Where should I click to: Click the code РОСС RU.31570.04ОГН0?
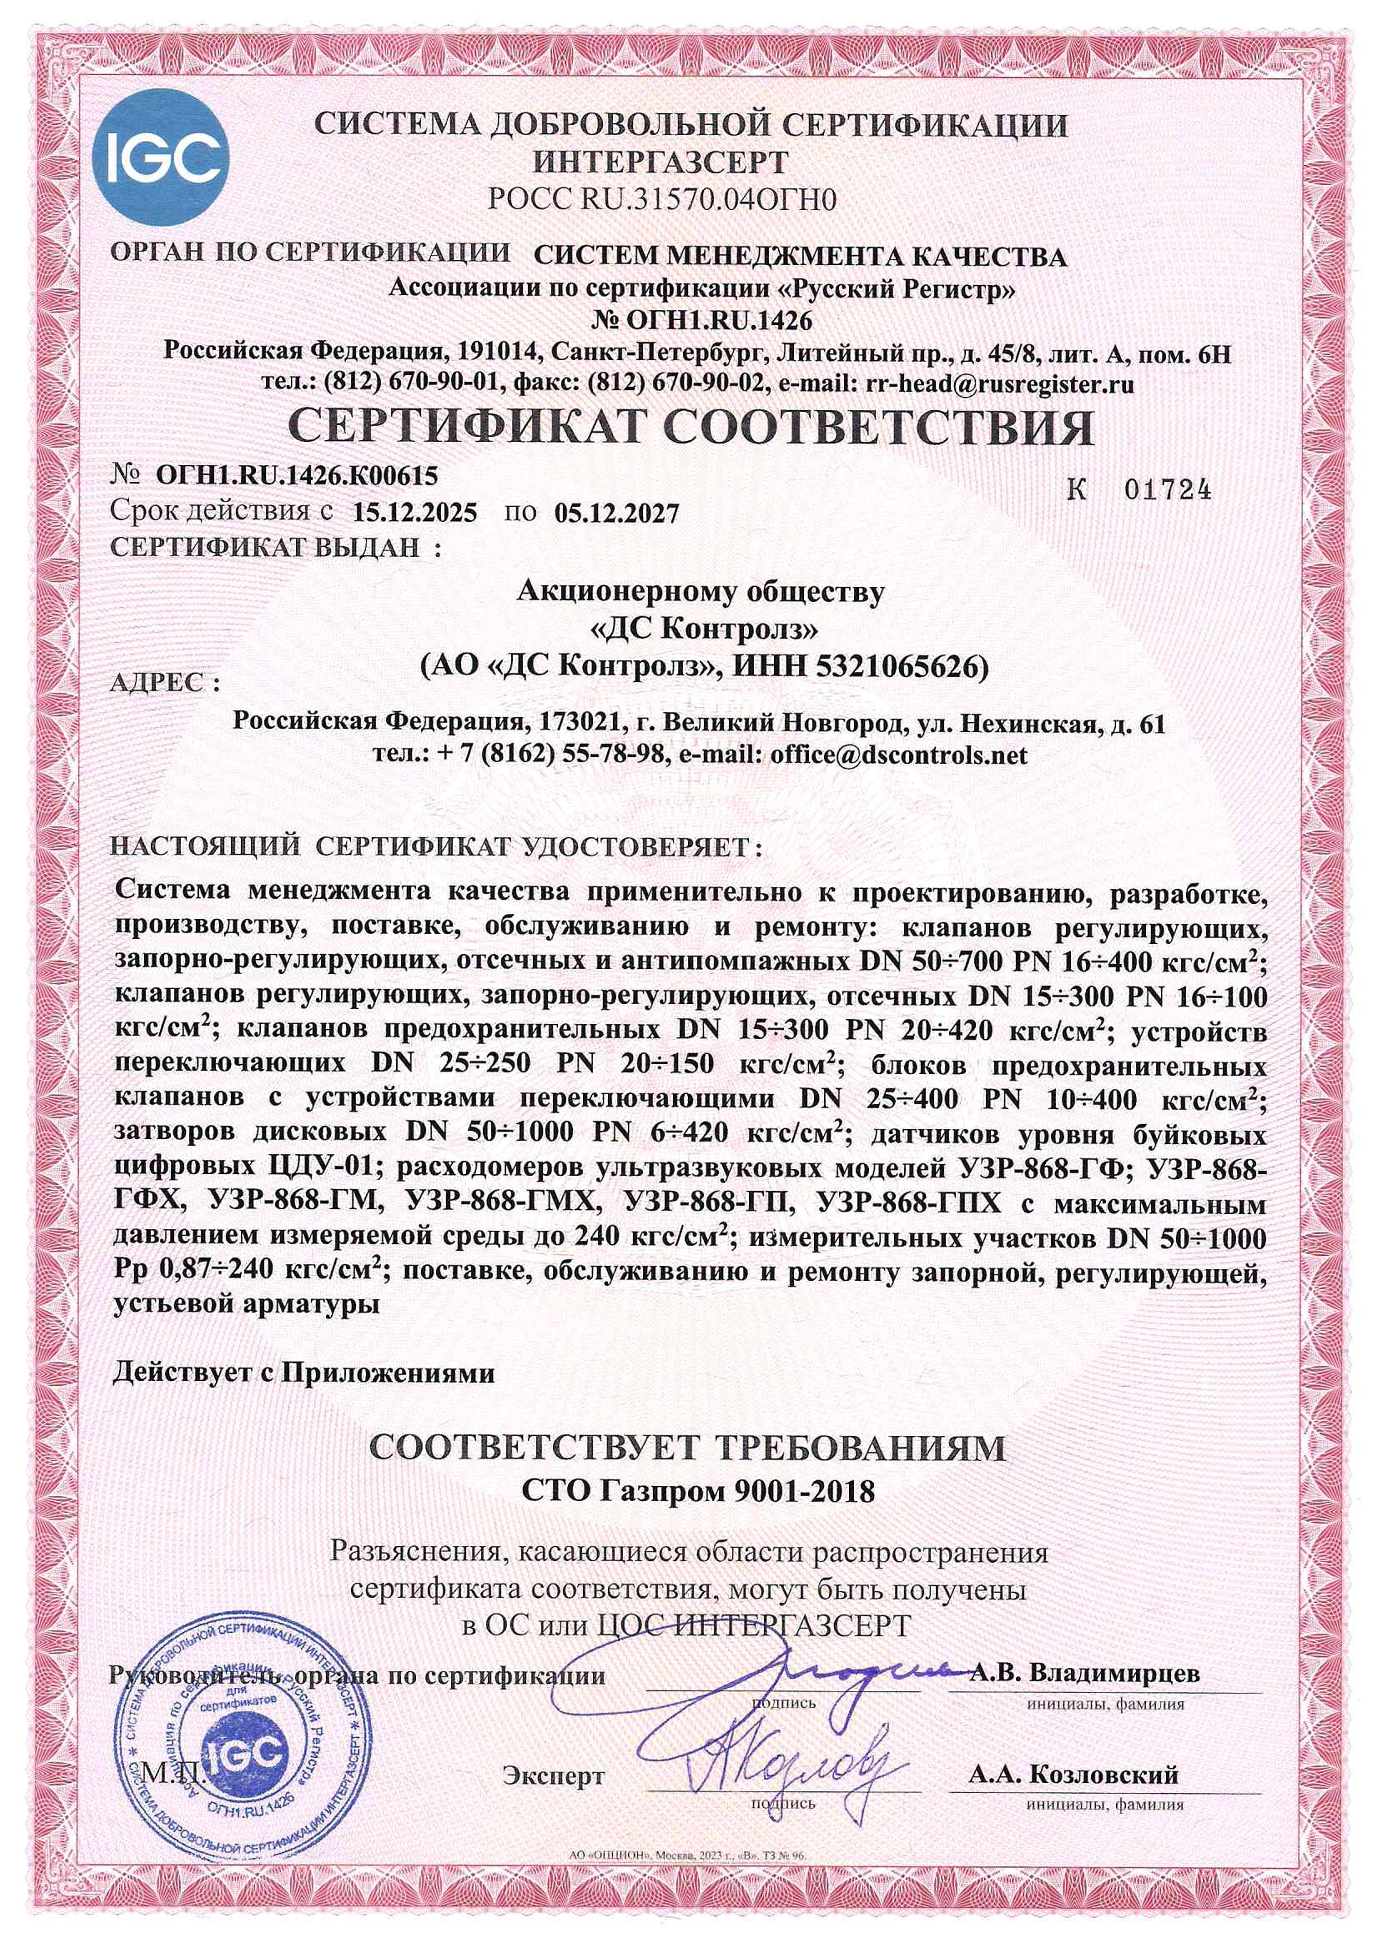(x=663, y=201)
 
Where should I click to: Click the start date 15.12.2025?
(x=415, y=513)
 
